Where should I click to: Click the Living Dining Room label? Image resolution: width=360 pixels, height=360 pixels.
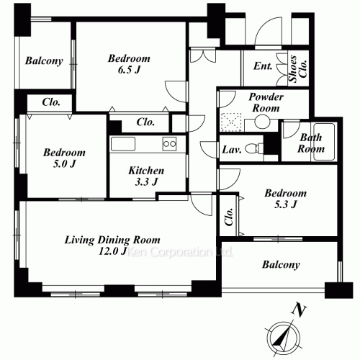(112, 240)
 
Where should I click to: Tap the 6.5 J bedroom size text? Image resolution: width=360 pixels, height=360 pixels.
(129, 70)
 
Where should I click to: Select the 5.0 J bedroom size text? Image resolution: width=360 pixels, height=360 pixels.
(64, 164)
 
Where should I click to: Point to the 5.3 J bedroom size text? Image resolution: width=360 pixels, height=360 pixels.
(286, 204)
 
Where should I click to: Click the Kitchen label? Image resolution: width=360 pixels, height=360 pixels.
(146, 171)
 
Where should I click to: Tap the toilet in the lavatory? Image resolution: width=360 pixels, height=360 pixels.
(254, 148)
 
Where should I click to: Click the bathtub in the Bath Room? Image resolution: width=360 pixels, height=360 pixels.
(324, 142)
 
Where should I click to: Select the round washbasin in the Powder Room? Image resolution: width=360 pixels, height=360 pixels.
(261, 121)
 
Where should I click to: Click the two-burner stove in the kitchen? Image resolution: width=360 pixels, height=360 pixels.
(169, 144)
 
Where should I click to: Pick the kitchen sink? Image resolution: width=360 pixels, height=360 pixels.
(122, 144)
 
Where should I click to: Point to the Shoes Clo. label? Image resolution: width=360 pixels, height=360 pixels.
(297, 69)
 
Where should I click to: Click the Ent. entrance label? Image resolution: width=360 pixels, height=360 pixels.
(263, 66)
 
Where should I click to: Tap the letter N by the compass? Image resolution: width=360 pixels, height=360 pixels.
(299, 310)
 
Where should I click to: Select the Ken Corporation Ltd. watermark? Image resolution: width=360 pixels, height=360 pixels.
(179, 252)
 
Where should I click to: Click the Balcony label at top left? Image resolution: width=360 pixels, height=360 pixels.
(44, 61)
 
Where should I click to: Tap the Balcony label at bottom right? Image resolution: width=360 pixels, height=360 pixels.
(281, 265)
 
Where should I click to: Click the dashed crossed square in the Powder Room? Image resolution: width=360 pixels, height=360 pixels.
(231, 122)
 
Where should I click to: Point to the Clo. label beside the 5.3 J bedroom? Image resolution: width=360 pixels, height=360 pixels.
(229, 217)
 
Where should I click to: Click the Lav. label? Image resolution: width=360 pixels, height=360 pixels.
(231, 150)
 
